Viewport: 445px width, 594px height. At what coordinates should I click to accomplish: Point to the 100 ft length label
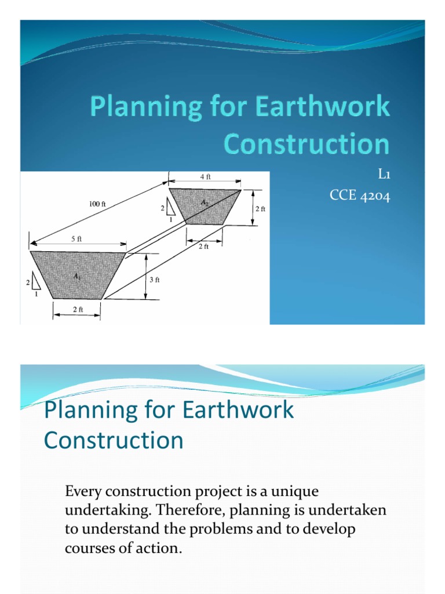[97, 204]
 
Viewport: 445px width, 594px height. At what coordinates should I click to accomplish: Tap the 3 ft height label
[154, 280]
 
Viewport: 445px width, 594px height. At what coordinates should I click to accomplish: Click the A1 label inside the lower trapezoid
[77, 277]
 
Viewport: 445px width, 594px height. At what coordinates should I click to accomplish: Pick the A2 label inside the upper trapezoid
[205, 202]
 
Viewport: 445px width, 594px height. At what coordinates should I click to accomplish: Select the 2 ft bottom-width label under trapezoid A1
[78, 310]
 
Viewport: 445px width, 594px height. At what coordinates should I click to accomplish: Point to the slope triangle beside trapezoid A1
[35, 282]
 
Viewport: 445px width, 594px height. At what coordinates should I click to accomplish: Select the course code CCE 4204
[360, 196]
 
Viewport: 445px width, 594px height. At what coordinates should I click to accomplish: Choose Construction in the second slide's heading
[114, 440]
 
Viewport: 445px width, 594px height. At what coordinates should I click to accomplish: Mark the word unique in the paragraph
[296, 492]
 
